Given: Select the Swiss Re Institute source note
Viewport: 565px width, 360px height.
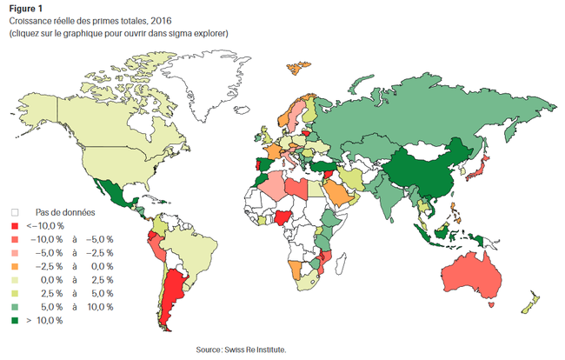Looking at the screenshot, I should coord(242,350).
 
